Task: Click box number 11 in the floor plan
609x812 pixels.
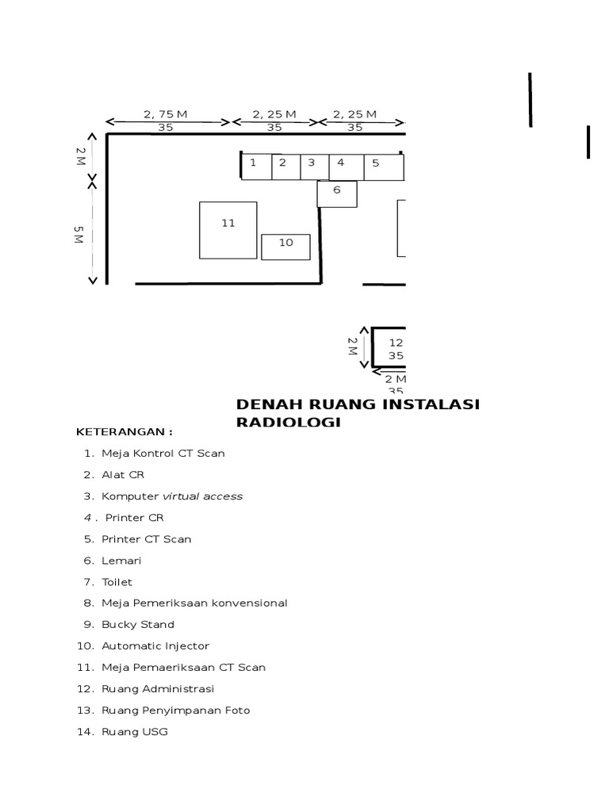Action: coord(228,230)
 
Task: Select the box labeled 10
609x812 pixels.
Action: coord(285,247)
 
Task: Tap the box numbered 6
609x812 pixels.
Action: coord(337,193)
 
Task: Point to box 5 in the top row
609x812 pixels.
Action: coord(383,167)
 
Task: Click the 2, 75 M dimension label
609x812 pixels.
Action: coord(166,114)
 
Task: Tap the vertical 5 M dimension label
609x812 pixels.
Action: coord(78,235)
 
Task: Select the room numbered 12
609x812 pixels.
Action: coord(391,348)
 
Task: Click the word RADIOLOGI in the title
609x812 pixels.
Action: coord(288,423)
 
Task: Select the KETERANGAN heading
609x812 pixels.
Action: coord(124,432)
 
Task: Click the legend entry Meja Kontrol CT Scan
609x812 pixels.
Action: coord(163,454)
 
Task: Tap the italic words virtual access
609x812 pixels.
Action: coord(202,496)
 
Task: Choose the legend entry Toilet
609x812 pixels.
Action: coord(117,582)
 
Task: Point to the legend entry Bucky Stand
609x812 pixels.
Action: coord(137,625)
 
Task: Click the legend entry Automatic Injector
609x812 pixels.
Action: coord(155,646)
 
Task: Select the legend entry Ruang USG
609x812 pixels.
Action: coord(134,732)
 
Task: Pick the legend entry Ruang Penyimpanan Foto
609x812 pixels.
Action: coord(175,710)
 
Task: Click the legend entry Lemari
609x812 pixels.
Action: coord(120,561)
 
